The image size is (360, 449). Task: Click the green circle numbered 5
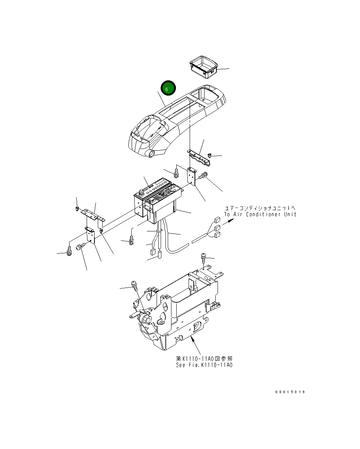168,89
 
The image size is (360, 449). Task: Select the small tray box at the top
203,67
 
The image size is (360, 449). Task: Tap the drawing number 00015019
290,392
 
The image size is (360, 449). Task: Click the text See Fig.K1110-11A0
204,365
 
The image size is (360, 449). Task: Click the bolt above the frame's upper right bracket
203,256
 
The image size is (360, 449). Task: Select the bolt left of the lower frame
134,286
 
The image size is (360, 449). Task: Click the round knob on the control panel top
141,193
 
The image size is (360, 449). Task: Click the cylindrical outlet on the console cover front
151,154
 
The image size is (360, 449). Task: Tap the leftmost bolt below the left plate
70,251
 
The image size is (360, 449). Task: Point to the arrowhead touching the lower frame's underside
192,338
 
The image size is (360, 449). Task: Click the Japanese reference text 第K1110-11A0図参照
204,359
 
